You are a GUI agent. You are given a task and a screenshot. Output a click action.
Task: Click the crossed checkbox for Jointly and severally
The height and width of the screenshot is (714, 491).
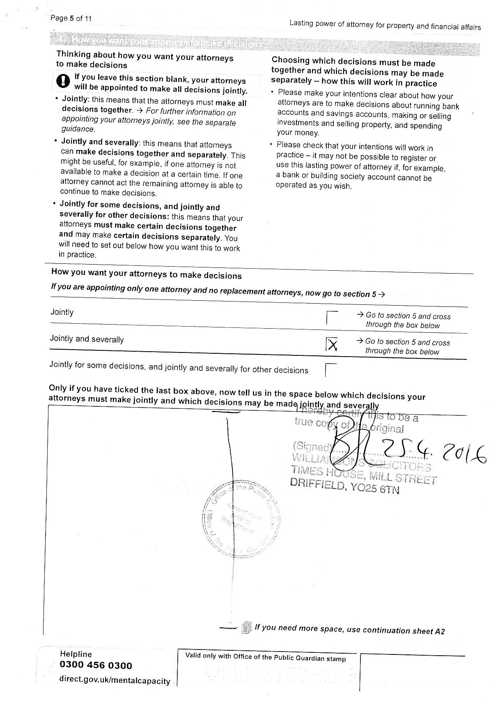pos(332,344)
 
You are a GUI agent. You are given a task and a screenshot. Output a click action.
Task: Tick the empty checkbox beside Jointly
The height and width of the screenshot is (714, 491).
pos(332,318)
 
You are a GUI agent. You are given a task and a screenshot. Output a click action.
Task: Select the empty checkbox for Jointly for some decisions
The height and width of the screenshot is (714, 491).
pos(331,370)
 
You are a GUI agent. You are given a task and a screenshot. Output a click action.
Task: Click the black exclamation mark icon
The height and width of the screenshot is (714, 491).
pos(63,81)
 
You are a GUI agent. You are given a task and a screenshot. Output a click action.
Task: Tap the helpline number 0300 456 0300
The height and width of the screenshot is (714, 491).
pos(96,665)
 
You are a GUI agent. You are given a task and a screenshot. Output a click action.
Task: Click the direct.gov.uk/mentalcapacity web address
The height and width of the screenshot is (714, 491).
pos(115,680)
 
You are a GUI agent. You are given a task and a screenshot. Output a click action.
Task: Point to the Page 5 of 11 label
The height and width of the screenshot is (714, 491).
pos(71,18)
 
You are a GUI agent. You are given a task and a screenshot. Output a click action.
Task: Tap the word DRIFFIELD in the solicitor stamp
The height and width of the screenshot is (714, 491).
pos(317,484)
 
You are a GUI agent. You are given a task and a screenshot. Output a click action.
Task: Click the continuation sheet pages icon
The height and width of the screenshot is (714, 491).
pos(246,627)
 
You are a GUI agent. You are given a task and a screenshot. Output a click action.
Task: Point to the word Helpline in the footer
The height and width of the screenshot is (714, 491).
pos(76,654)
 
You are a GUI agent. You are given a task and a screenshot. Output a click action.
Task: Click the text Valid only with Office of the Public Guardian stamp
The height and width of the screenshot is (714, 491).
pos(265,657)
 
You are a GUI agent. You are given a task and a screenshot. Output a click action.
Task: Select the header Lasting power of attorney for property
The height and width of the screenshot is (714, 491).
pos(385,25)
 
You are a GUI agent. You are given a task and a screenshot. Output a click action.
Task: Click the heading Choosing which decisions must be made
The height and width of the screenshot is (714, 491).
pos(353,62)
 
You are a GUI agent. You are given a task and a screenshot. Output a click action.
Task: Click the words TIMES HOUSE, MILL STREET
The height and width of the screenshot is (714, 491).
pos(363,474)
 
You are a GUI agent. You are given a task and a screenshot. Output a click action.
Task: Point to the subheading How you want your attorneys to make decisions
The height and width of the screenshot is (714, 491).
pos(146,274)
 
